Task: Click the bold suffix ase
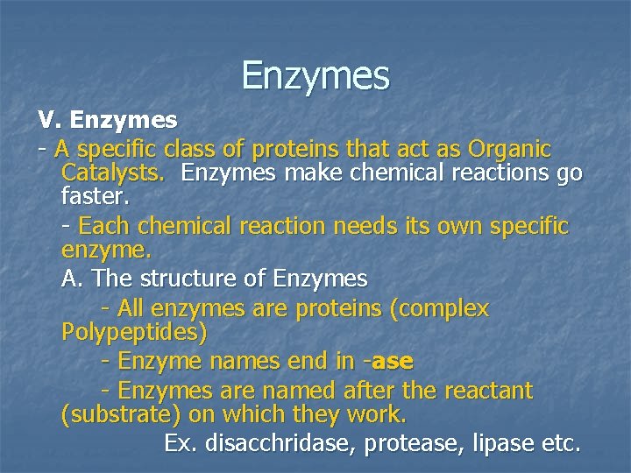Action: click(393, 361)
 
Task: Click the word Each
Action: click(103, 226)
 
